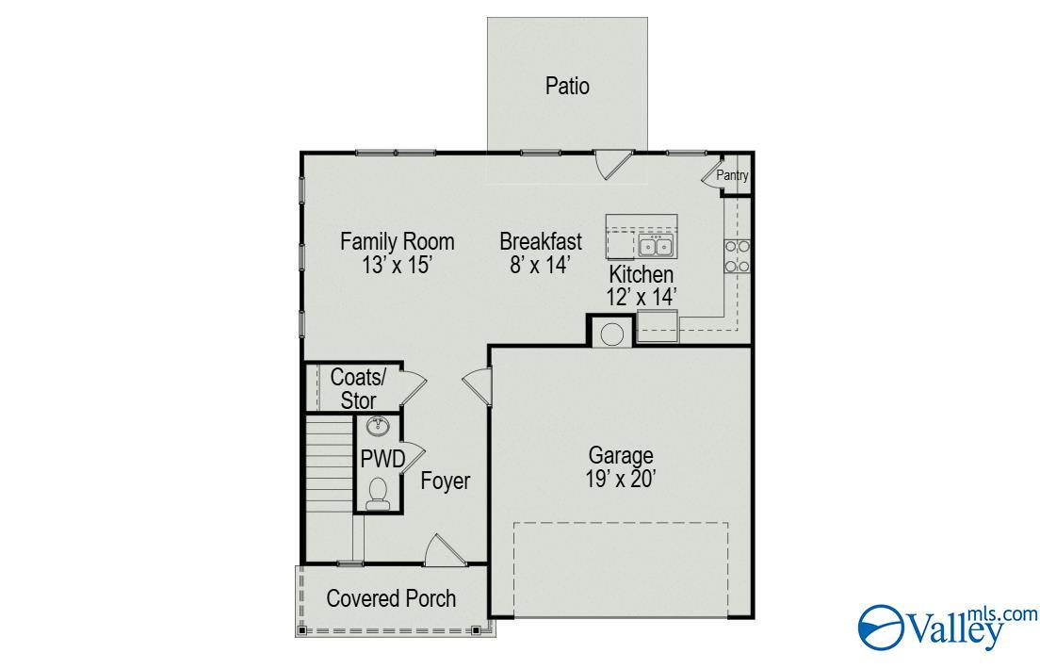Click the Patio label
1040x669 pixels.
coord(567,87)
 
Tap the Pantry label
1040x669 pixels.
coord(732,175)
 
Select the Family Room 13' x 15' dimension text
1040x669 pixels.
coord(398,266)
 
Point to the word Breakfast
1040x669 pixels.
coord(541,241)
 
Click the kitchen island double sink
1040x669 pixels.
coord(656,245)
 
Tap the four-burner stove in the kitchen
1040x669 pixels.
coord(737,256)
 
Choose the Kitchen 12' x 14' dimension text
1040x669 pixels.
coord(641,297)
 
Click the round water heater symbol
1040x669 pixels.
coord(611,334)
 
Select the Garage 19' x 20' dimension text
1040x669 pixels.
coord(621,479)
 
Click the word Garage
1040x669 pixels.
coord(621,455)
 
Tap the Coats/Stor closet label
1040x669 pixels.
coord(358,389)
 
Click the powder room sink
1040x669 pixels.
coord(378,427)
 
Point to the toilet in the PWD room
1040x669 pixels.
coord(378,495)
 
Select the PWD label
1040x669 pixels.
coord(382,459)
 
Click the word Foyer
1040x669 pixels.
coord(445,481)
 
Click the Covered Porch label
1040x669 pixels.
coord(391,598)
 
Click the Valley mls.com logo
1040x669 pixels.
coord(948,628)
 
